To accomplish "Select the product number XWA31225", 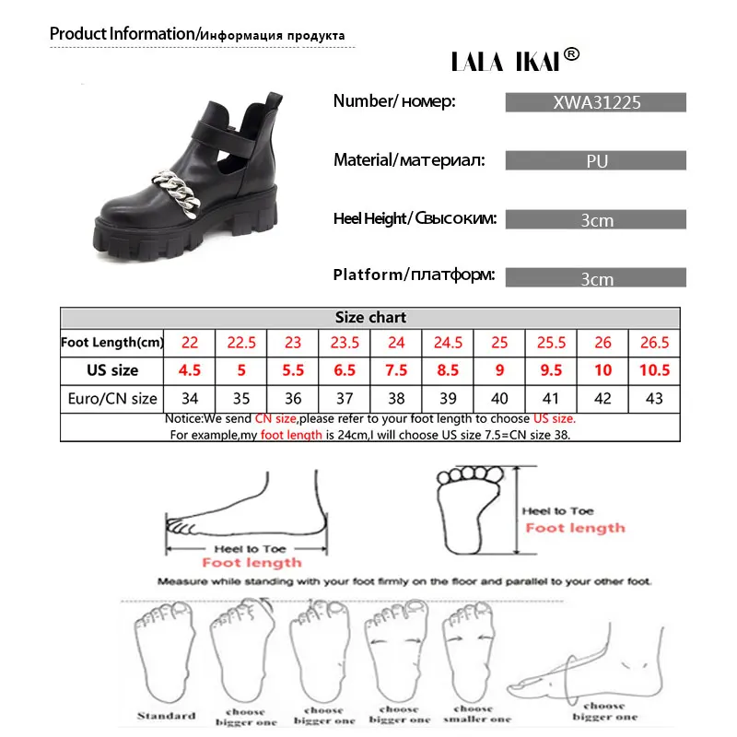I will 595,103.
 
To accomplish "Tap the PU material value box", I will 595,161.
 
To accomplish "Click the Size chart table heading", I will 370,318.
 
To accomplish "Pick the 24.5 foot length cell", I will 448,342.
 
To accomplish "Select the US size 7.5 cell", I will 396,370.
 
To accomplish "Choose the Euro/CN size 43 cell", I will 654,399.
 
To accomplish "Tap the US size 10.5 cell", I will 654,370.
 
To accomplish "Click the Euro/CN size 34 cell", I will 190,399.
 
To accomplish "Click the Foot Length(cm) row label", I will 112,342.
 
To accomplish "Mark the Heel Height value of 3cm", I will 595,220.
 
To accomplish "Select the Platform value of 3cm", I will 595,278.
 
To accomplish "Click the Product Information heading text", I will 122,34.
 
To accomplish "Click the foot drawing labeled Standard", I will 167,654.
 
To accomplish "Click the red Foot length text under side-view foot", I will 252,562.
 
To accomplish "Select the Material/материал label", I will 406,160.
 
